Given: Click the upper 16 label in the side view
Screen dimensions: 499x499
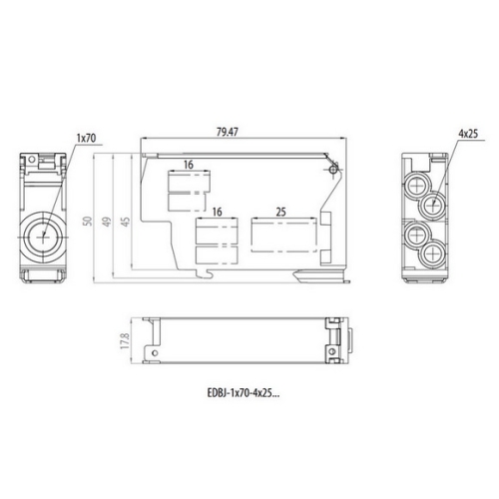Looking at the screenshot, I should coord(187,164).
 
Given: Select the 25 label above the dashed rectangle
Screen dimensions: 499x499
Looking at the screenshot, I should coord(280,213).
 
